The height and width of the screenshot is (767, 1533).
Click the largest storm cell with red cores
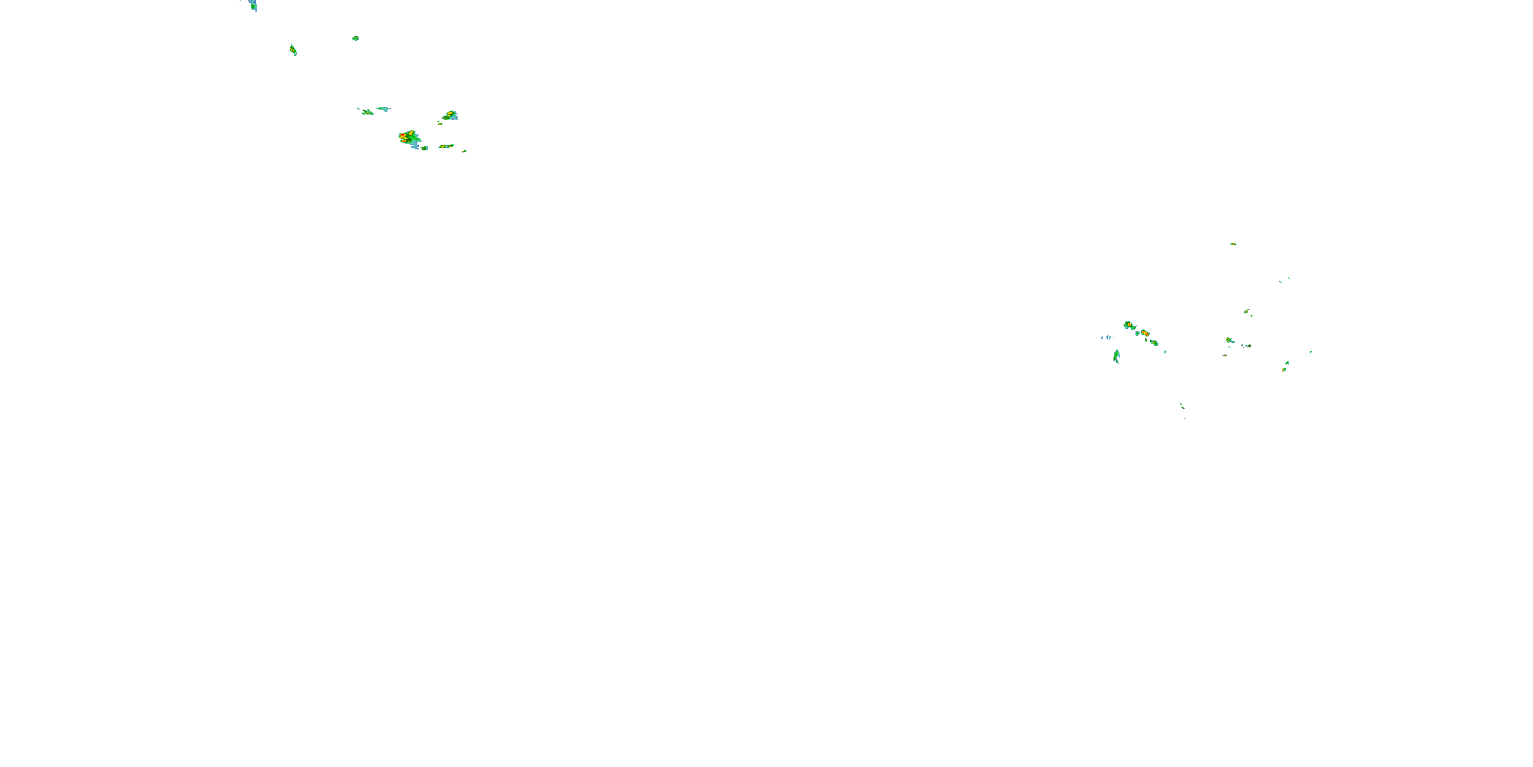(409, 139)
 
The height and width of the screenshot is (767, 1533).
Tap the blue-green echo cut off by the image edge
(253, 5)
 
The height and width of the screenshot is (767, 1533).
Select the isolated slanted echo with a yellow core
(293, 50)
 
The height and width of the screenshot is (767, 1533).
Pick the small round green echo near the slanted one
(355, 38)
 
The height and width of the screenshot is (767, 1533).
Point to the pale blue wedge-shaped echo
(383, 109)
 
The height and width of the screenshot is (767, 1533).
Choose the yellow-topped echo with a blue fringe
(451, 115)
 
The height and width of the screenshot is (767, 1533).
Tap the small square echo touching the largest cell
(424, 148)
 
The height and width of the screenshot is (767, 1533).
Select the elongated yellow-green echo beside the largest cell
(446, 146)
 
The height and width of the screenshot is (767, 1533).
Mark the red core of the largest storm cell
(404, 137)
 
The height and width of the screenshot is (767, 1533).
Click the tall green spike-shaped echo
(1117, 356)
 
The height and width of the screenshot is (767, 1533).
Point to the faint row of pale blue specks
(1106, 337)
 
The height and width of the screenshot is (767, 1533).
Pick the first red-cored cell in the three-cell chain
(1128, 325)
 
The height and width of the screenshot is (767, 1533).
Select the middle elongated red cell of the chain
(1145, 333)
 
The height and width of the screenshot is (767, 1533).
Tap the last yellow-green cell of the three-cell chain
(1154, 343)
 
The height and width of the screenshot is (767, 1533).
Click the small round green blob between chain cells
(1137, 333)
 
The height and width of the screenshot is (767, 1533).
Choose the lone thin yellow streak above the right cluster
(1233, 243)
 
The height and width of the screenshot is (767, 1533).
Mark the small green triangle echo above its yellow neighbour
(1287, 363)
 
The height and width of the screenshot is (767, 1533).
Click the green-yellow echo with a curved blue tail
(1229, 341)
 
